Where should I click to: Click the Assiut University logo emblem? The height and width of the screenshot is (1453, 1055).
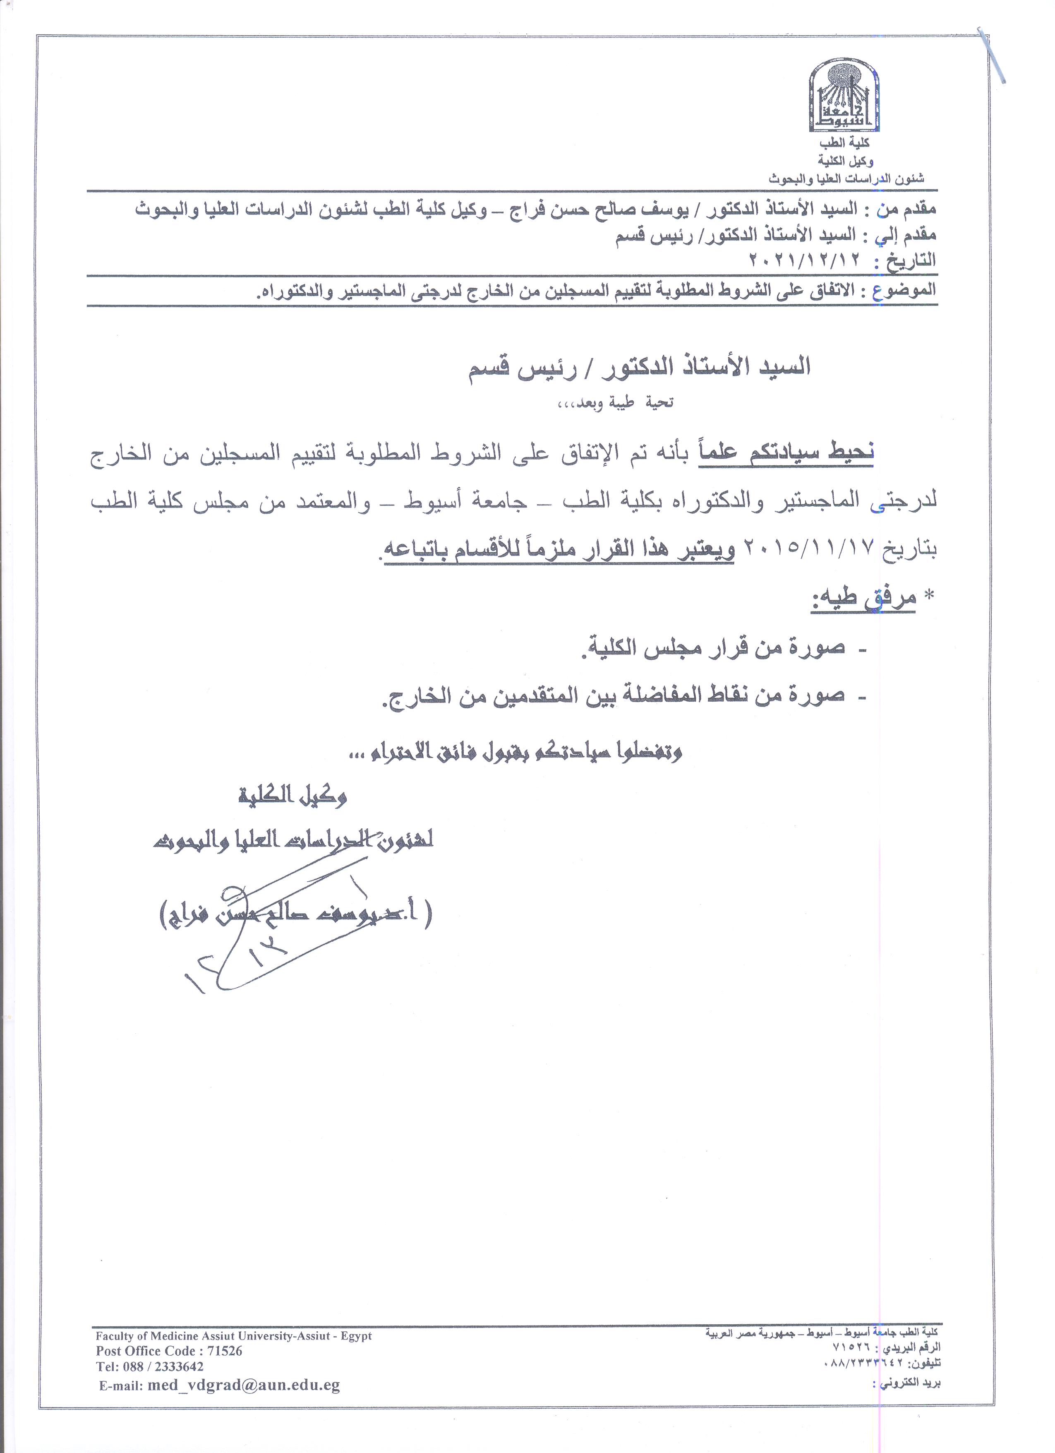(843, 94)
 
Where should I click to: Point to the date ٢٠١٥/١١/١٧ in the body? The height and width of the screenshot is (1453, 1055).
(812, 551)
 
